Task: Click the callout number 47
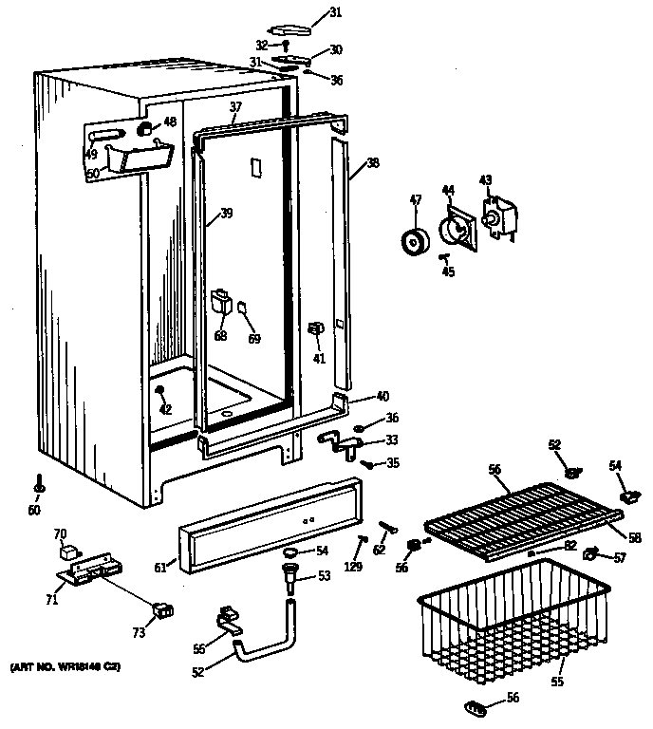pos(415,200)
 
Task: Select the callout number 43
pos(485,179)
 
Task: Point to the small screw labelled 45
pos(444,256)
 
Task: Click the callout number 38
pos(373,162)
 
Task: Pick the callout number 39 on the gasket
pos(226,214)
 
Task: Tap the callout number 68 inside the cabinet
pos(221,335)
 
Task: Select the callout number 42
pos(166,409)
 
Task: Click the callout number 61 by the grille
pos(160,568)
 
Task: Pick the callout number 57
pos(621,556)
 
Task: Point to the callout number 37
pos(235,107)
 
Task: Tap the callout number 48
pos(170,121)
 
